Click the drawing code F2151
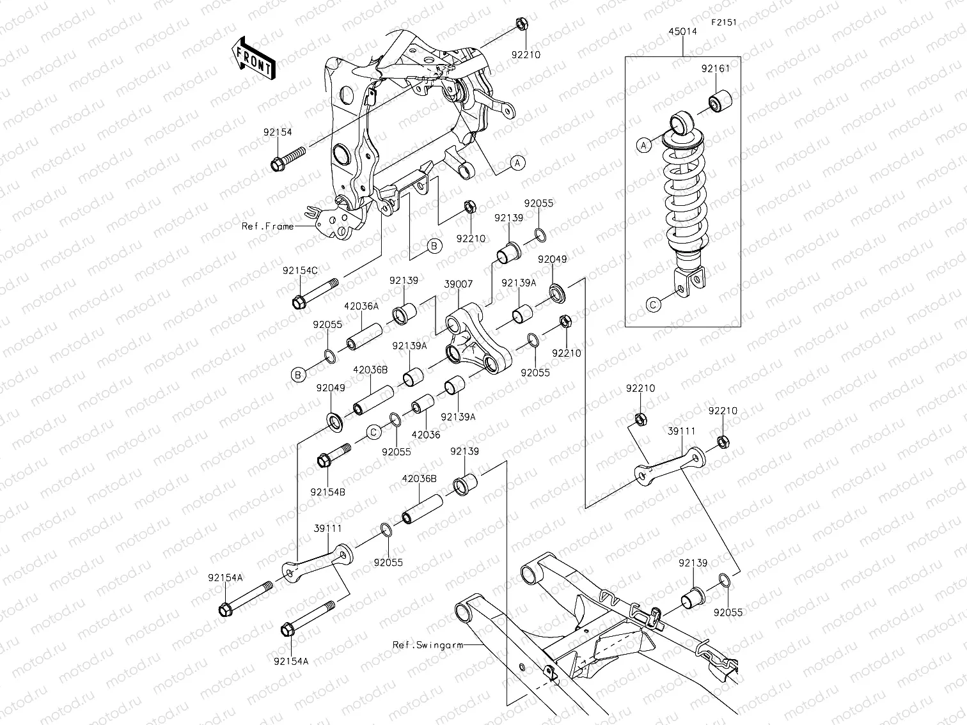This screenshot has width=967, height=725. click(724, 22)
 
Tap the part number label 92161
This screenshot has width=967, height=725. click(715, 70)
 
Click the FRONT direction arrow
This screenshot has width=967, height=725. click(254, 58)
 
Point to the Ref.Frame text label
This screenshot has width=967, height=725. click(268, 226)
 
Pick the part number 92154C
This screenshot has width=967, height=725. click(300, 270)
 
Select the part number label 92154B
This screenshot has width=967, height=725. click(327, 492)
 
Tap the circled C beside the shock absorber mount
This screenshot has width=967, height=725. click(653, 305)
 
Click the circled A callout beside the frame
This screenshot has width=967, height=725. click(518, 163)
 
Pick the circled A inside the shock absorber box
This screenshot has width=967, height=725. click(644, 145)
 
